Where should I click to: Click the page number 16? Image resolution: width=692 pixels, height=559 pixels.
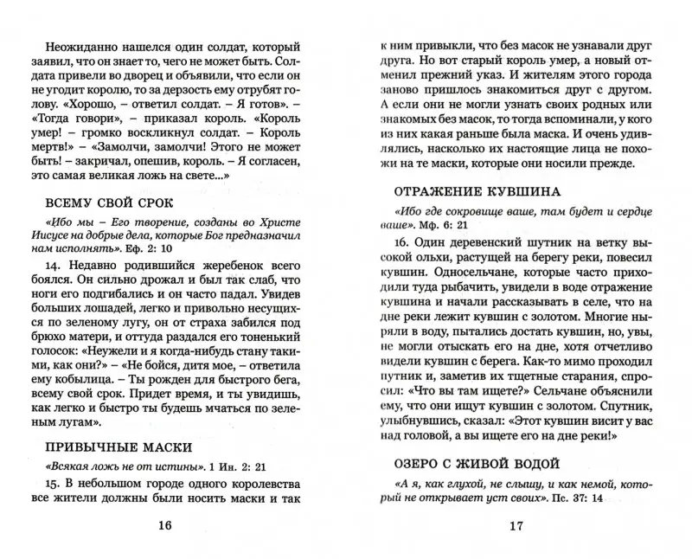[x=164, y=525]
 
